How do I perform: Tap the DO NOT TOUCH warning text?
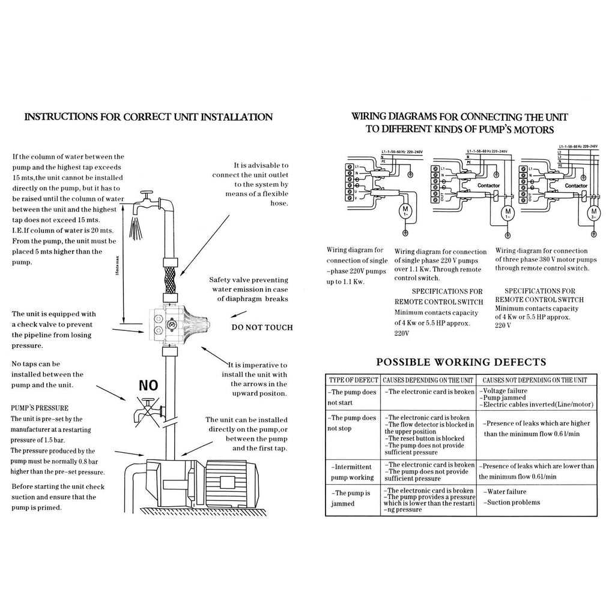[x=262, y=327]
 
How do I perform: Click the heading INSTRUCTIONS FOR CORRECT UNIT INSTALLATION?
[x=148, y=117]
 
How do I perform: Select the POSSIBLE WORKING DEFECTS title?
[x=461, y=362]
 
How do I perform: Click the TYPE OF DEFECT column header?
[x=353, y=380]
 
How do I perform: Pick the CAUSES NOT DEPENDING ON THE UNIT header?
[x=535, y=380]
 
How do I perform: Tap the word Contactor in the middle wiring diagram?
[x=487, y=186]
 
